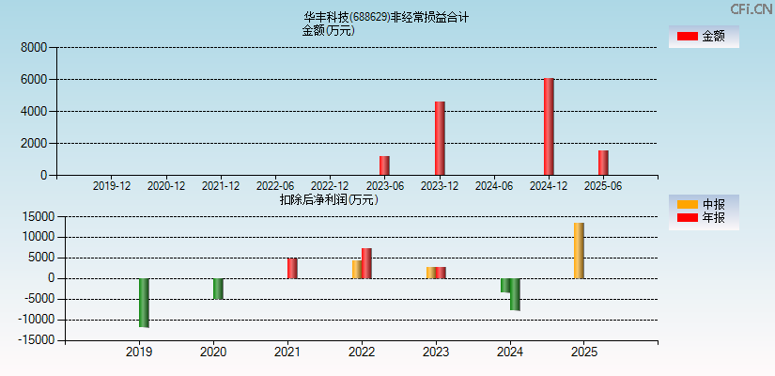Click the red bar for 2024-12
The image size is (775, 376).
549,127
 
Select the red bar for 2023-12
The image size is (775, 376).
440,138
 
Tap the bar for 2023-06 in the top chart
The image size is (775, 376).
384,165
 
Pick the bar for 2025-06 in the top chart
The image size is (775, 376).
603,163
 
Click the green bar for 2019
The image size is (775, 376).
144,303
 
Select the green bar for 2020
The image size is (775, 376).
218,289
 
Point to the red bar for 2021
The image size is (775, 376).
292,268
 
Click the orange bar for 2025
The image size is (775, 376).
579,250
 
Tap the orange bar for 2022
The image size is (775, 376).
357,269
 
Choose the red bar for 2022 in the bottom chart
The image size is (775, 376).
366,263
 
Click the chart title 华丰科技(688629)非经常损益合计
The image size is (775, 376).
386,17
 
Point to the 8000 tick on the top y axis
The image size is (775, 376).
34,47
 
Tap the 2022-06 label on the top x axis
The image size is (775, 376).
275,186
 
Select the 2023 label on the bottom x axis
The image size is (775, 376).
435,352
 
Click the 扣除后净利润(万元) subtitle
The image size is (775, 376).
329,199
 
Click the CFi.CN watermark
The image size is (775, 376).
752,8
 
